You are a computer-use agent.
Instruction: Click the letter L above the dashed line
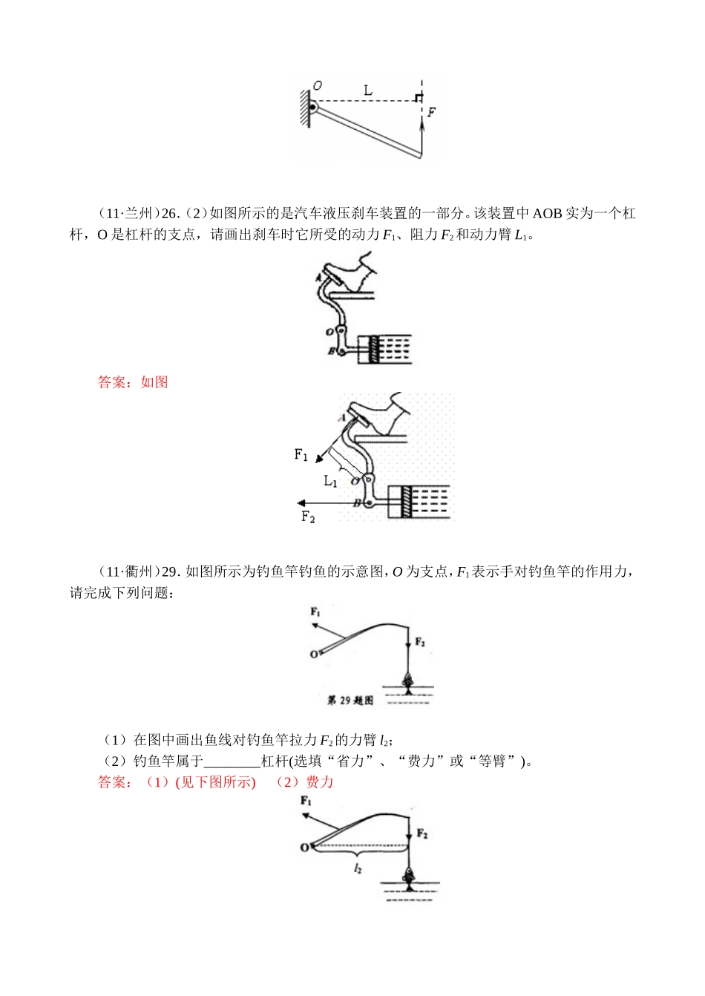[368, 91]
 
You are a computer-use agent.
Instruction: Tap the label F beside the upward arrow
[431, 112]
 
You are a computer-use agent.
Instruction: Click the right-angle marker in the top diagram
[419, 98]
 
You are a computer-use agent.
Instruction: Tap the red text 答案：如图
[133, 382]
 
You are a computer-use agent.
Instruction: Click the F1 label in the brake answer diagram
[301, 454]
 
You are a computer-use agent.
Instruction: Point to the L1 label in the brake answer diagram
[330, 481]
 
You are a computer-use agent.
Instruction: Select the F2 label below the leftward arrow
[308, 517]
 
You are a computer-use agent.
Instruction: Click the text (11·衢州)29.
[139, 571]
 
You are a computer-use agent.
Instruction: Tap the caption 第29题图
[350, 700]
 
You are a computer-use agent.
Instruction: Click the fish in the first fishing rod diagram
[407, 681]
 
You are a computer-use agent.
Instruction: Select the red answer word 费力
[320, 782]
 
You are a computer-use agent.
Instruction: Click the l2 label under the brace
[358, 868]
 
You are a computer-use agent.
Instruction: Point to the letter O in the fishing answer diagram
[304, 848]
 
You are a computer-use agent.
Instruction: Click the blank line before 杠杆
[232, 761]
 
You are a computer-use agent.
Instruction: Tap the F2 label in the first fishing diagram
[420, 642]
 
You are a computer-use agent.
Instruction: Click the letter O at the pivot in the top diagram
[318, 85]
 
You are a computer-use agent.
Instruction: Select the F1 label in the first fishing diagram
[315, 612]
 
